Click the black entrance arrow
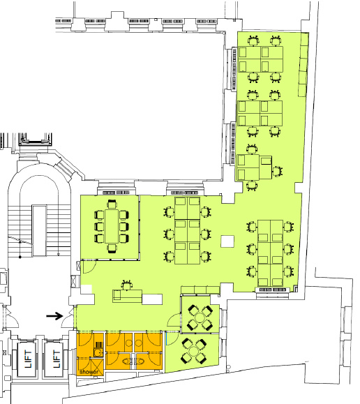(54, 315)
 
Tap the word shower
(89, 372)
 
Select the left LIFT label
(28, 359)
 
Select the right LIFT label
(56, 359)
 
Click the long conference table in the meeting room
(112, 226)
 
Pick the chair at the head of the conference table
(112, 204)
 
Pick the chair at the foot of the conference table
(112, 248)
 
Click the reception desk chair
(126, 285)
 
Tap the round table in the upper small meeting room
(200, 317)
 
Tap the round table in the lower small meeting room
(194, 351)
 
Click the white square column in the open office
(227, 241)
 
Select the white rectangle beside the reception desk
(152, 299)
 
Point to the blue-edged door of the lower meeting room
(167, 338)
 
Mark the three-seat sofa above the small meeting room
(200, 290)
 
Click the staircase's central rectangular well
(40, 230)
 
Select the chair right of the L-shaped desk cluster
(277, 172)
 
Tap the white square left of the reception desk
(87, 289)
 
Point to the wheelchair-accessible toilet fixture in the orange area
(98, 349)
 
